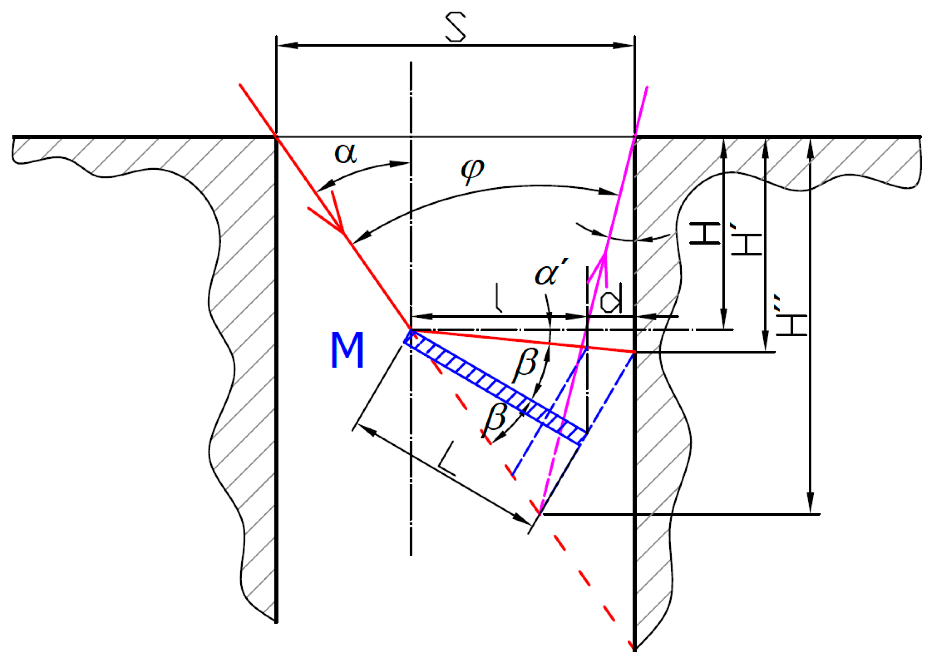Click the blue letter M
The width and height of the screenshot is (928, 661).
[347, 350]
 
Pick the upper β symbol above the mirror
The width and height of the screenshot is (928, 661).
[525, 364]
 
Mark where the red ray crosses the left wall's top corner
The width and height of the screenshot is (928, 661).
[277, 136]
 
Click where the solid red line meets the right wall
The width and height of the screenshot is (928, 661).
[634, 352]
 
